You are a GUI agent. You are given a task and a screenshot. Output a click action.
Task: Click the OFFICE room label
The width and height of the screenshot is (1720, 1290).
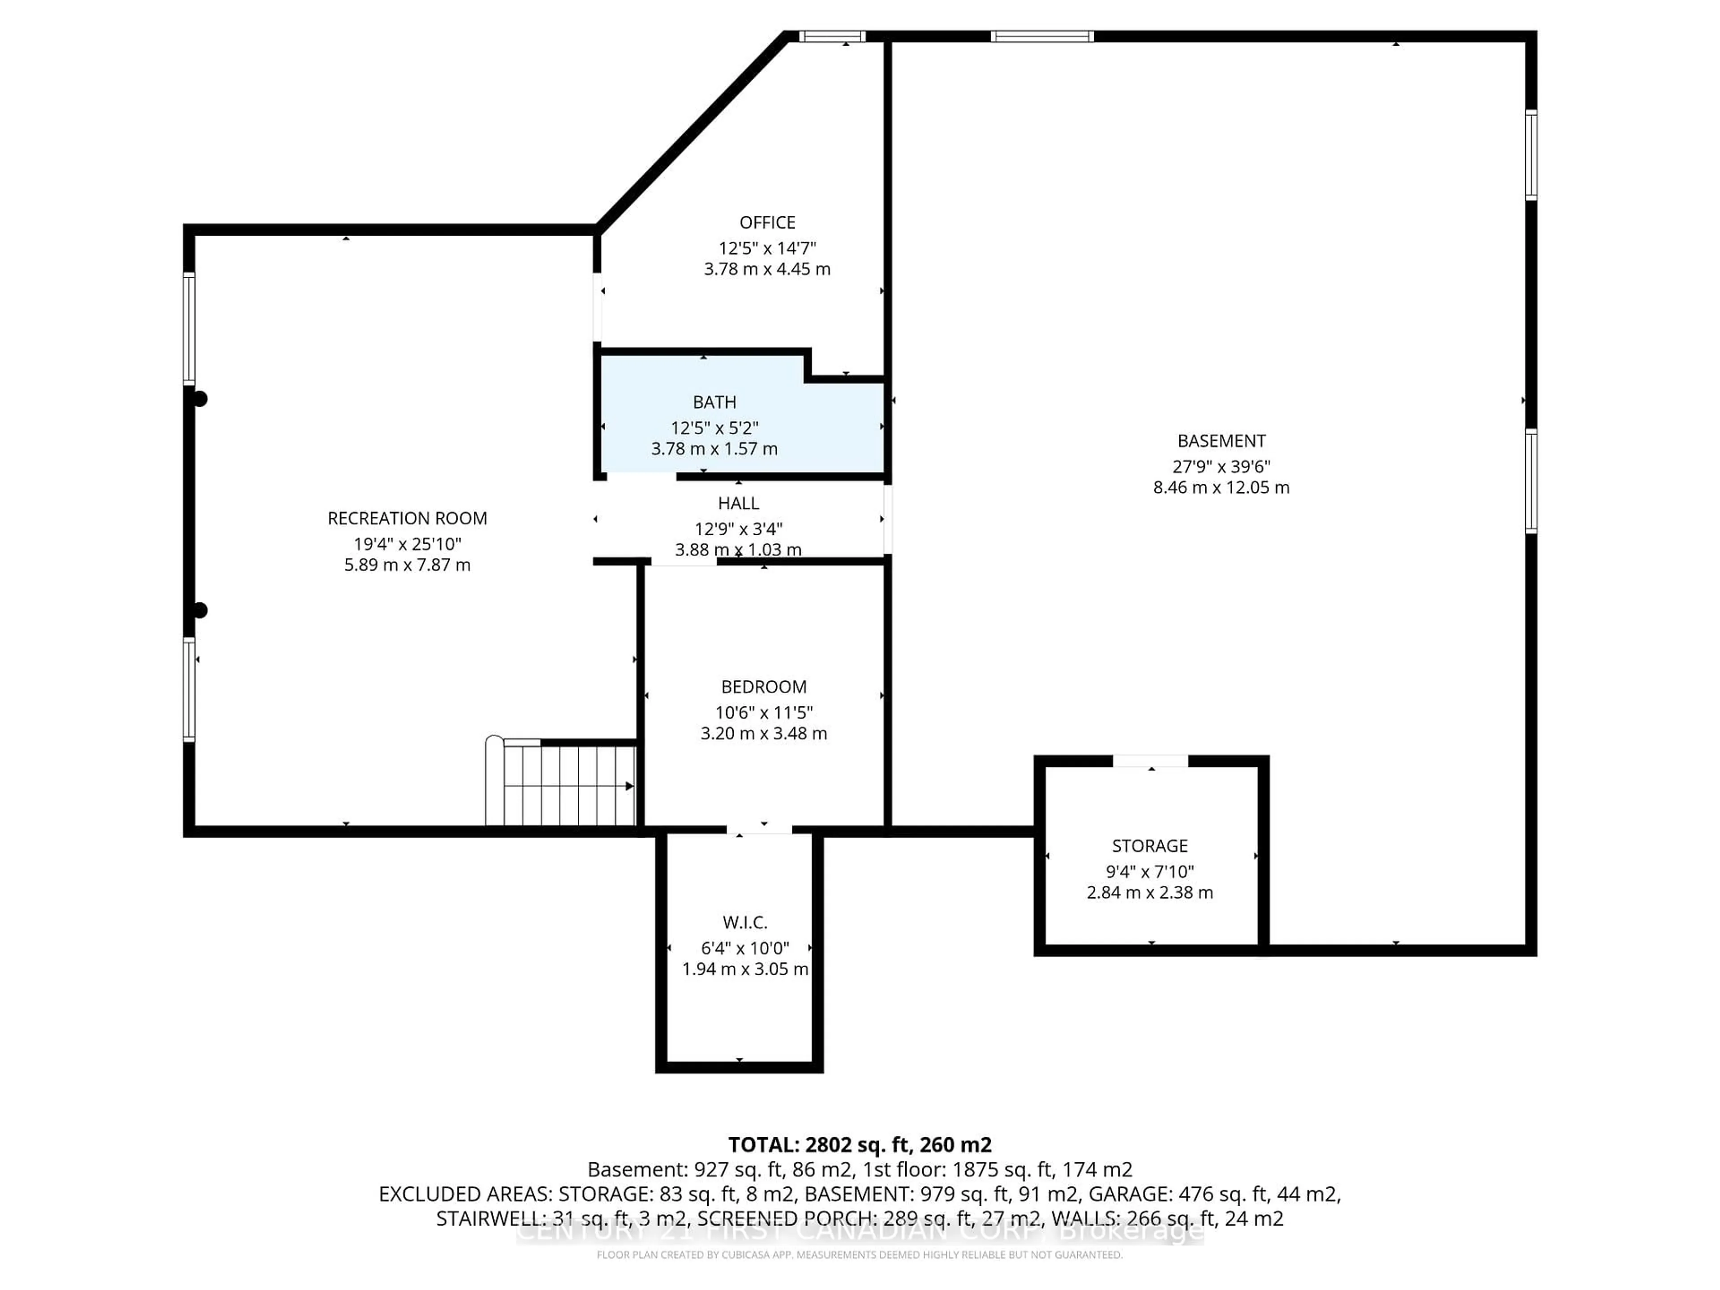767,222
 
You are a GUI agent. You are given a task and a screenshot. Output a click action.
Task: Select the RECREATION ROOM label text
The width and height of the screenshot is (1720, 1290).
407,518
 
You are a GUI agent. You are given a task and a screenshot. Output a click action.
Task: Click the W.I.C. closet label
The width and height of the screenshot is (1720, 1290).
744,922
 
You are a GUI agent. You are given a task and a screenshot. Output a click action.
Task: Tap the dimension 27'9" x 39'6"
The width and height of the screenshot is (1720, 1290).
1221,467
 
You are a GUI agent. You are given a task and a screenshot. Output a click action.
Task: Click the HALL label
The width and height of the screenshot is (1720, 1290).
738,503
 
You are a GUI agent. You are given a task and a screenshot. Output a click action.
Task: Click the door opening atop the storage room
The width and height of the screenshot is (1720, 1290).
1150,761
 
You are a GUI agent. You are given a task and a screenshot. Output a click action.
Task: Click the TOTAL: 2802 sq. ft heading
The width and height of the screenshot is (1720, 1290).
859,1144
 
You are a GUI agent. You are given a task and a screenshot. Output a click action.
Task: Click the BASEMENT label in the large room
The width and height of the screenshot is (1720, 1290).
1221,441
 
